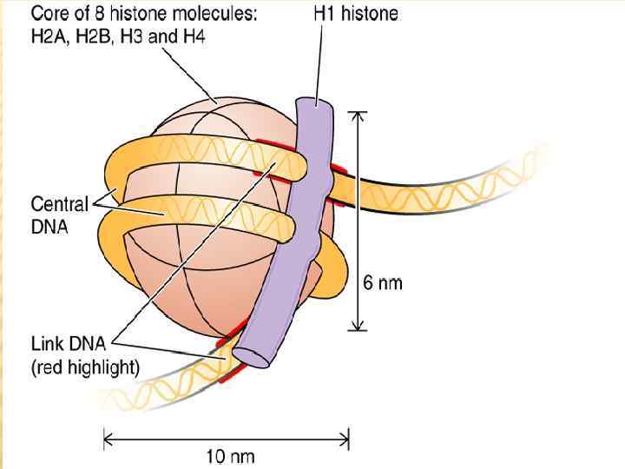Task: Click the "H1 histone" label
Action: (x=355, y=15)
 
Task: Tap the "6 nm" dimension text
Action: (x=382, y=283)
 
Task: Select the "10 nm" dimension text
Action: (x=230, y=455)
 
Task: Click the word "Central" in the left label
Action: (x=60, y=205)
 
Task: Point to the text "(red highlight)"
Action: (x=85, y=367)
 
